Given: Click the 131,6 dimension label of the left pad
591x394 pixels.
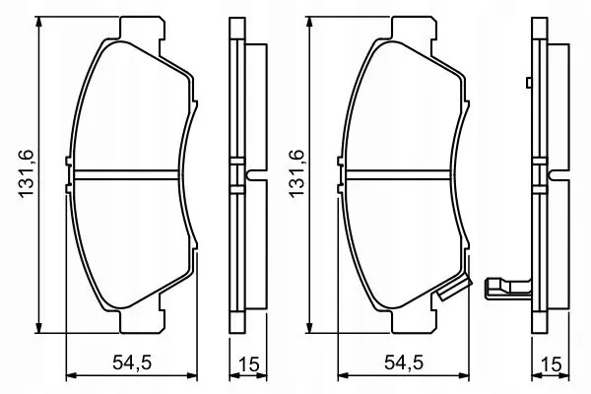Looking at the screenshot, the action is (x=28, y=173).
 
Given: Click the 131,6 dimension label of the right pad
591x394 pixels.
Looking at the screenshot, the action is (x=296, y=173).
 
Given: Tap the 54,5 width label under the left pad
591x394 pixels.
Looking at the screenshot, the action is (x=132, y=362).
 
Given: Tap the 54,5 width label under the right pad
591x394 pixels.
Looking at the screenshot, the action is (x=404, y=362).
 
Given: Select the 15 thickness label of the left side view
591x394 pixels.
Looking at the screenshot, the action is (x=249, y=364).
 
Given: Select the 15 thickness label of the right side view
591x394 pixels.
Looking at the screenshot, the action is (x=551, y=364).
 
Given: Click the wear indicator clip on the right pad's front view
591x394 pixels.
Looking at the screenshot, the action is (x=455, y=288).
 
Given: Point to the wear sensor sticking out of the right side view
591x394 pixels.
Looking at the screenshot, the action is (x=508, y=289).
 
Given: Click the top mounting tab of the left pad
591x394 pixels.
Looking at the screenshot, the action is (x=142, y=28).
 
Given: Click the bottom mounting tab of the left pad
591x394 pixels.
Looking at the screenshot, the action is (x=142, y=322).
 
